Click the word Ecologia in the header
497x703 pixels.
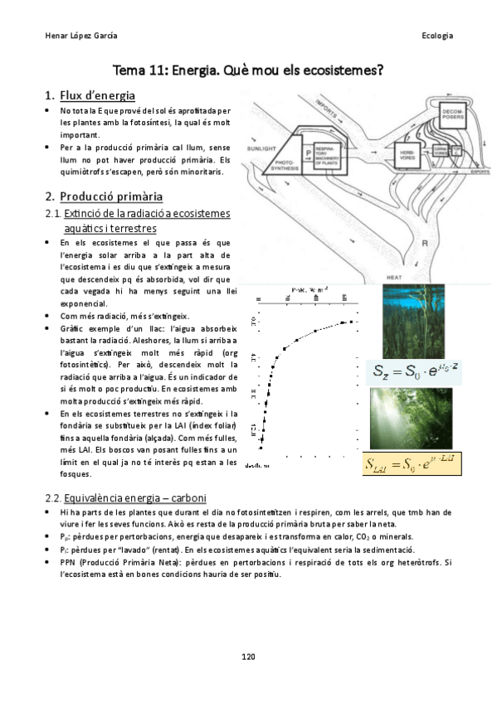coord(436,36)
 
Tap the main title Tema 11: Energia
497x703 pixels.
coord(248,70)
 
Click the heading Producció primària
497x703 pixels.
coord(110,196)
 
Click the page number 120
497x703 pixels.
coord(248,656)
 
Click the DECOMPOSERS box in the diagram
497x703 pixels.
coord(455,114)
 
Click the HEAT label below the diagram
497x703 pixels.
coord(395,276)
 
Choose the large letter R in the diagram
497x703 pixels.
coord(424,244)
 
